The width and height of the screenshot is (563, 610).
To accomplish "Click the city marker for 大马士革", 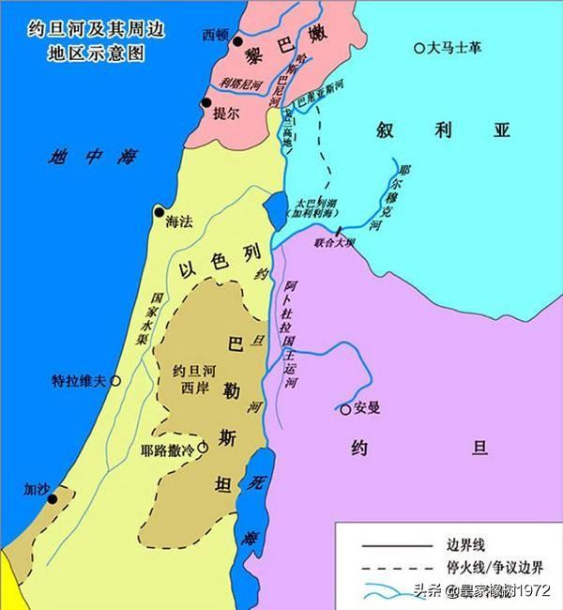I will coord(418,48).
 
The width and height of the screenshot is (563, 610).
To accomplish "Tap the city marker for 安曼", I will coord(345,408).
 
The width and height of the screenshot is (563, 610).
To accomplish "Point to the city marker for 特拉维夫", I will coord(115,381).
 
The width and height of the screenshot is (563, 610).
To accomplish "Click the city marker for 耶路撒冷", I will coord(203,448).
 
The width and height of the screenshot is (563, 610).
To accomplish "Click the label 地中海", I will coord(94,158).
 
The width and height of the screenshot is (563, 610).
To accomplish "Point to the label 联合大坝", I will coord(336,242).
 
